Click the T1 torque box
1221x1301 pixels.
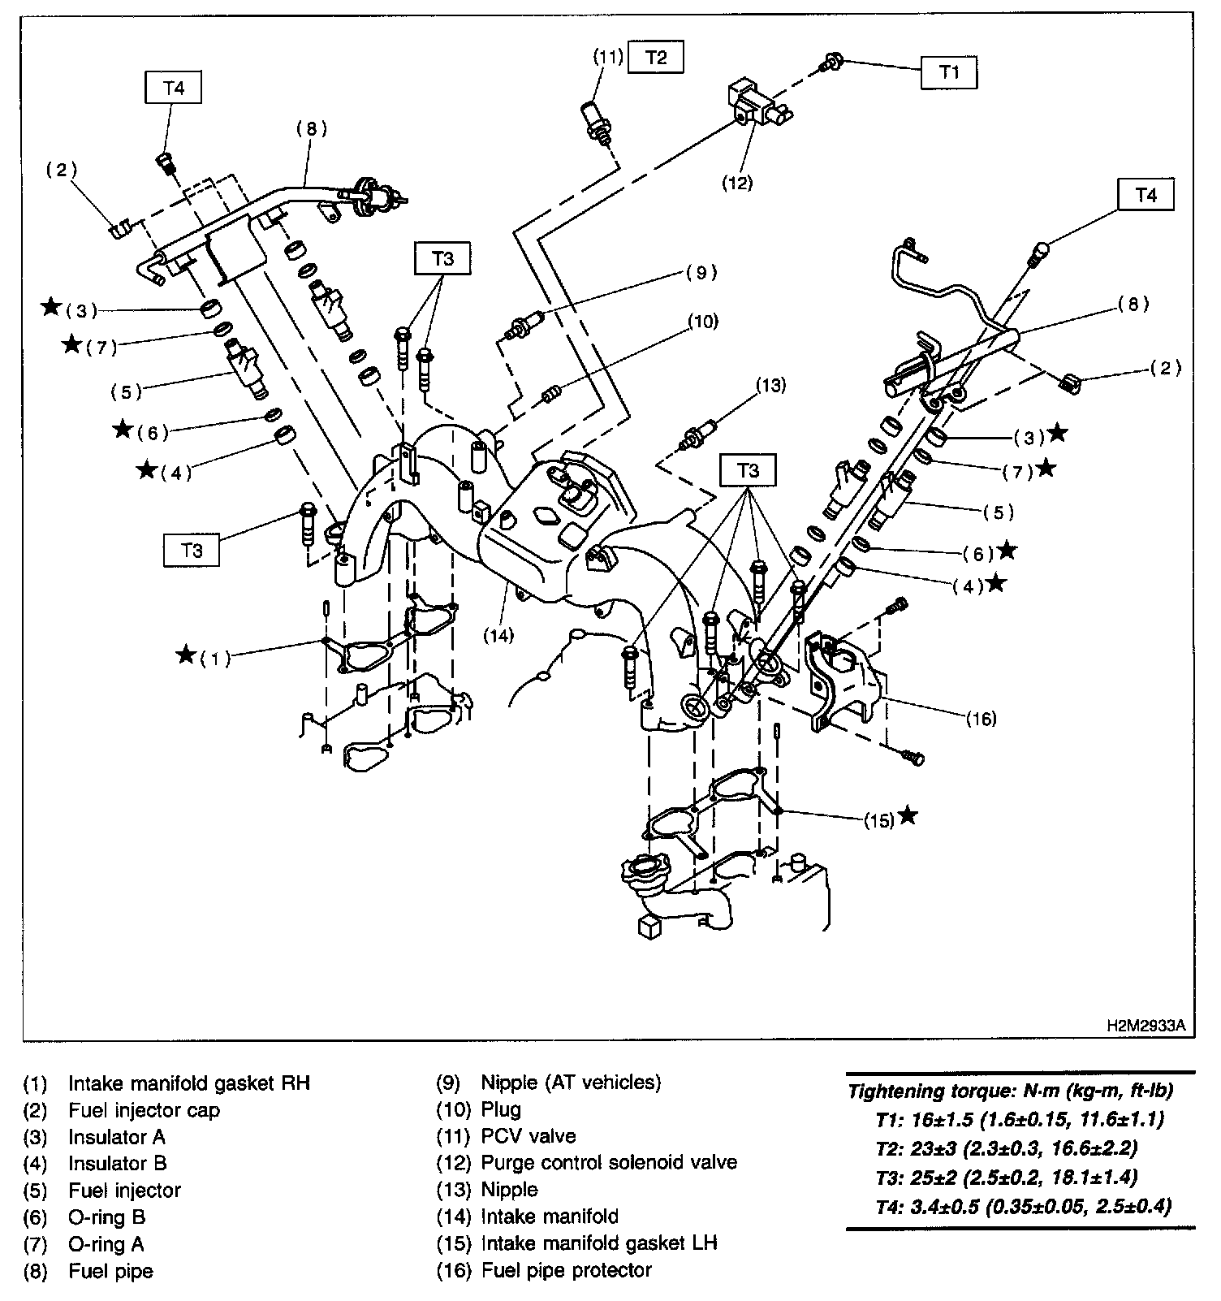(x=949, y=72)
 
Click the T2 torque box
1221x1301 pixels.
(x=656, y=58)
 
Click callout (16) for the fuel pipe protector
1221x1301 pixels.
(x=981, y=719)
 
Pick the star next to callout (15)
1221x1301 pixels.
(x=908, y=815)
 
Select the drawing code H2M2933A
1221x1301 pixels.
(x=1145, y=1026)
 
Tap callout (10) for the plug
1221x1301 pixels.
(x=703, y=322)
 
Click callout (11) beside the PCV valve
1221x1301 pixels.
(x=606, y=57)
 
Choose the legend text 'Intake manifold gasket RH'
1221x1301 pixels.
(x=188, y=1083)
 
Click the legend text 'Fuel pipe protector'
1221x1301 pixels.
(x=566, y=1269)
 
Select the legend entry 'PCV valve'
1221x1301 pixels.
(x=528, y=1135)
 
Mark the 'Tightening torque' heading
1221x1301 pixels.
(x=1010, y=1091)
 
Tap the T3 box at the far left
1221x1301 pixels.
(x=192, y=550)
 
